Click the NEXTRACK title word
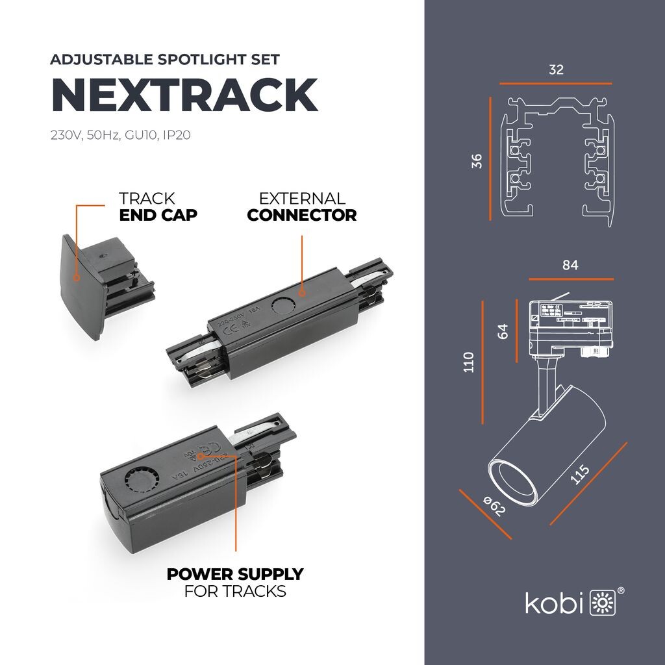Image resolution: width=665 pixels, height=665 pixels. pos(184,95)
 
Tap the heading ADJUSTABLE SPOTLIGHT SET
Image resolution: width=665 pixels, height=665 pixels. pos(165,60)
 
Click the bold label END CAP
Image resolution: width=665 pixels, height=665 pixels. pos(158,215)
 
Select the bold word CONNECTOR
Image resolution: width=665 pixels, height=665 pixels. pos(302,215)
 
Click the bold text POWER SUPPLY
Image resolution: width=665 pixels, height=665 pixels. pos(235,574)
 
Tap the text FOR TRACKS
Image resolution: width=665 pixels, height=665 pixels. pos(235,592)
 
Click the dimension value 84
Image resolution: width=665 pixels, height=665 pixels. pos(570,265)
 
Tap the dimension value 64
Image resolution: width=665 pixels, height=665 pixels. pos(503,331)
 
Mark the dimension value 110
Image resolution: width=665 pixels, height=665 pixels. pos(469,362)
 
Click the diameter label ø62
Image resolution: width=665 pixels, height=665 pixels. pos(495,507)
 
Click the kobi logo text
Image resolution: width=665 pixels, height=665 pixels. pos(554,603)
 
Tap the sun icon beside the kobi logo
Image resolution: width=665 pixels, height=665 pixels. pos(601,603)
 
